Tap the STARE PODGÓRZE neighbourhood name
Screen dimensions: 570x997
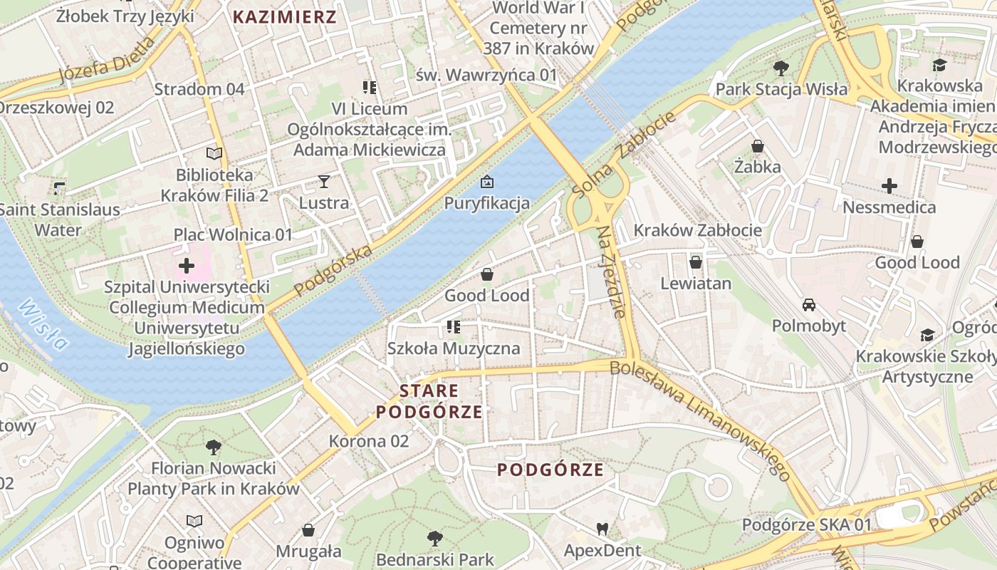point(429,401)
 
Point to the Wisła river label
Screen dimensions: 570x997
point(43,324)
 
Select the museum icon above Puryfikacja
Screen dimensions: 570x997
point(487,182)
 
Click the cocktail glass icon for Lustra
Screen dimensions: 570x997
point(324,182)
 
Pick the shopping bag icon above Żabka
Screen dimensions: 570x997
point(758,146)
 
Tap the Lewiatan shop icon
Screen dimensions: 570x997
point(696,262)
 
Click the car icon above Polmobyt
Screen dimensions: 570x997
point(809,305)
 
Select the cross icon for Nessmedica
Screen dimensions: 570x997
point(889,187)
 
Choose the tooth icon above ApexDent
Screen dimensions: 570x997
point(602,529)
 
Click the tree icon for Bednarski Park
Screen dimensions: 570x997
point(434,538)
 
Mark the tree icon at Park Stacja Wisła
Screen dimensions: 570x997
point(781,68)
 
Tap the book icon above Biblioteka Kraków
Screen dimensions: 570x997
point(214,153)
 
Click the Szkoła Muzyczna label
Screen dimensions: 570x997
point(454,348)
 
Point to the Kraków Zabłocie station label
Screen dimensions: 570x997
point(697,230)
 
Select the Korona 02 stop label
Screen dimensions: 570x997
point(369,441)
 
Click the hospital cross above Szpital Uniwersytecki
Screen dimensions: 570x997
point(187,266)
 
